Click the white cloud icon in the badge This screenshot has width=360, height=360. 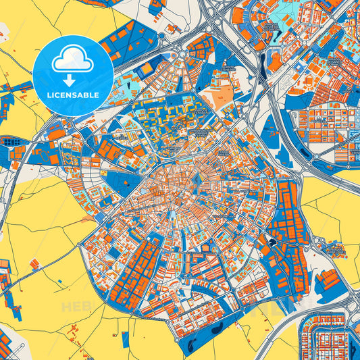click(x=72, y=61)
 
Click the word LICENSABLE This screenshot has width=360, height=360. click(x=72, y=95)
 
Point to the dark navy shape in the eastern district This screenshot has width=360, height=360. click(x=272, y=242)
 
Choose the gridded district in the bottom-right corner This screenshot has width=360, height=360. click(x=331, y=334)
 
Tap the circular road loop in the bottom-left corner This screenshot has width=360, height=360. click(x=10, y=340)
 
